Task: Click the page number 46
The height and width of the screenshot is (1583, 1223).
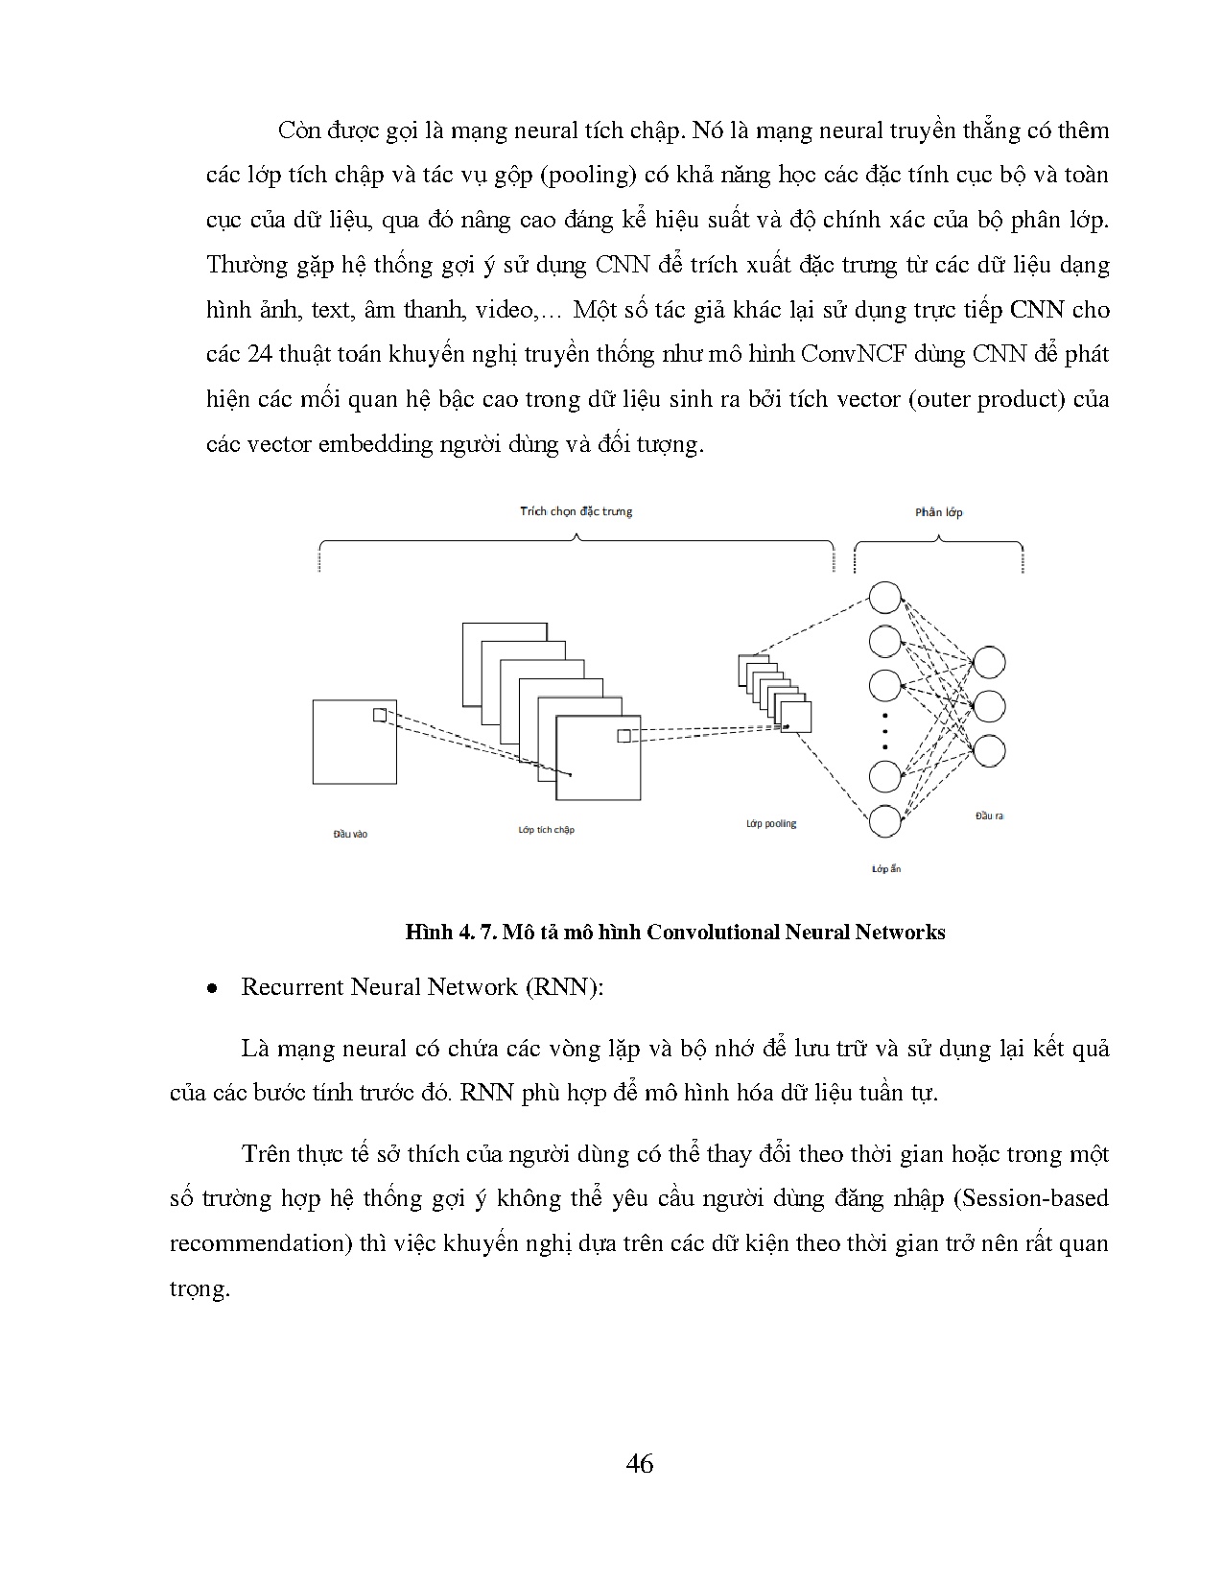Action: tap(639, 1463)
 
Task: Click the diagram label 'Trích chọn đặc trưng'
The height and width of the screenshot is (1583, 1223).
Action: tap(576, 511)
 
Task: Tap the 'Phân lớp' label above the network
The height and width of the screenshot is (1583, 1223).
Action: tap(938, 512)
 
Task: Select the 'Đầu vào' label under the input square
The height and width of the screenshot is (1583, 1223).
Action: tap(350, 834)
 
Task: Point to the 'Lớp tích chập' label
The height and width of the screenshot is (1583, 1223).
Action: tap(546, 829)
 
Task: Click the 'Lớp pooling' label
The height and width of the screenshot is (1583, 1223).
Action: tap(771, 823)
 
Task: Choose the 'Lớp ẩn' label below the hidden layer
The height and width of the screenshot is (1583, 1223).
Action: tap(885, 869)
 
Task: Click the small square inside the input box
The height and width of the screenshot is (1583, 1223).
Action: tap(380, 715)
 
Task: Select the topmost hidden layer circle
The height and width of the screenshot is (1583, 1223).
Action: tap(885, 597)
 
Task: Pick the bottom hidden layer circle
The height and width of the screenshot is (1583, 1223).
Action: tap(885, 821)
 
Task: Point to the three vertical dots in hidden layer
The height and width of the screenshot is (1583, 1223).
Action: tap(885, 731)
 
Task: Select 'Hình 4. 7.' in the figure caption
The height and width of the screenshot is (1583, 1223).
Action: tap(448, 933)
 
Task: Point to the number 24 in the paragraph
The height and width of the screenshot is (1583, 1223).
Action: tap(259, 355)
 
